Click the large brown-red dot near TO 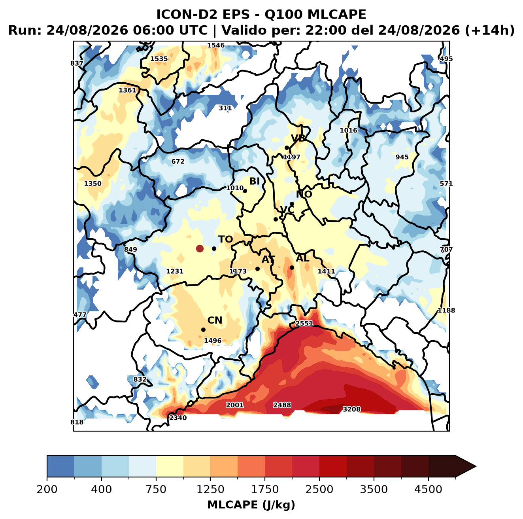tap(200, 248)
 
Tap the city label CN tap(215, 320)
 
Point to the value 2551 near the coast tap(304, 324)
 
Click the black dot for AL tap(292, 267)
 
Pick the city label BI tap(254, 181)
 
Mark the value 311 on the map tap(225, 108)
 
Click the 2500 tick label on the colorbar tap(319, 489)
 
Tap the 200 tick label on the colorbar tap(47, 489)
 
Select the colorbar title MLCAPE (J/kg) tap(251, 505)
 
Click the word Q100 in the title tap(284, 14)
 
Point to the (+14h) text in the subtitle tap(490, 30)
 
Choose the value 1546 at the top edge tap(216, 45)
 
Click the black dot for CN tap(203, 330)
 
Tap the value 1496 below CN tap(213, 341)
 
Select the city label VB tap(298, 138)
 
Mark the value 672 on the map tap(178, 161)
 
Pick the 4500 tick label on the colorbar tap(428, 489)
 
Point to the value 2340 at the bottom tap(178, 418)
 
